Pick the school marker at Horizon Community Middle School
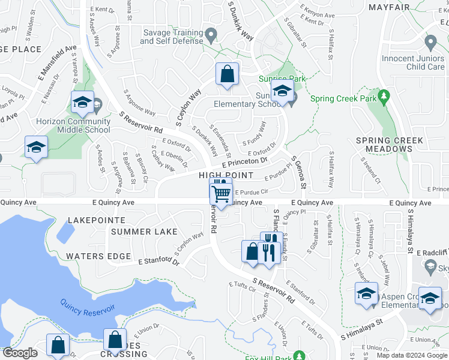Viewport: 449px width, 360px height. pos(82,102)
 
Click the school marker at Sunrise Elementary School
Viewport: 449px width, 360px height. pos(281,92)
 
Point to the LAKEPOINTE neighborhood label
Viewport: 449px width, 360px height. pos(96,221)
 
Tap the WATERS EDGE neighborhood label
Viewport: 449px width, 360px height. pos(98,256)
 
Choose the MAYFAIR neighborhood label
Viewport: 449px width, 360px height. pos(389,7)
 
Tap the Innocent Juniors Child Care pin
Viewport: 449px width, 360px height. pos(430,42)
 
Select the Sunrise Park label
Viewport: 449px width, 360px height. pos(282,79)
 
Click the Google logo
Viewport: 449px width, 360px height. pos(20,353)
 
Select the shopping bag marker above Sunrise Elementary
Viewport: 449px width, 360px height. pos(228,75)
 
